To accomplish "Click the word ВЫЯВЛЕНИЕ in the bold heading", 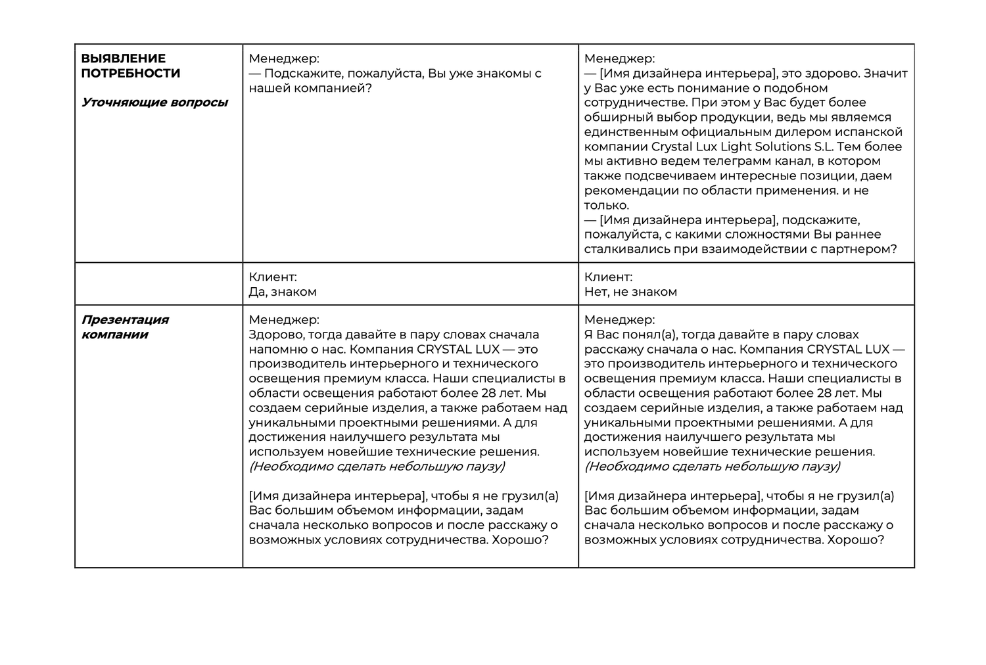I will coord(123,58).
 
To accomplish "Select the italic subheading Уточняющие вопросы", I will coord(154,103).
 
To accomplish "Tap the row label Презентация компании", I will coord(125,327).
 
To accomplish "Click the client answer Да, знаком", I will coord(283,292).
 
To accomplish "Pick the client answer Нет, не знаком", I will coord(630,292).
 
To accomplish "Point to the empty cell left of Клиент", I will coord(158,284).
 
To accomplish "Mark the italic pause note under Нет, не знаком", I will coord(712,467).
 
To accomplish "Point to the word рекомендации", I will coord(627,191).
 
